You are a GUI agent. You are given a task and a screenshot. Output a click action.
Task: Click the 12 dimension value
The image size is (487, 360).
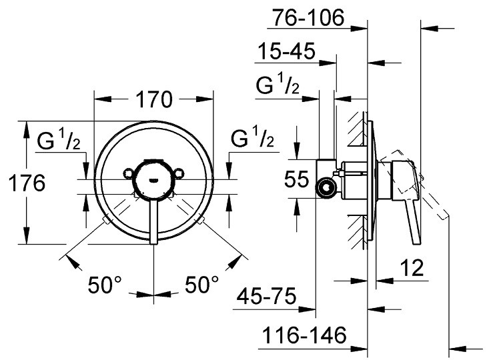(413, 269)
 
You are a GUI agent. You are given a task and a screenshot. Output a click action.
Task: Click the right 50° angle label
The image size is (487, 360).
(201, 286)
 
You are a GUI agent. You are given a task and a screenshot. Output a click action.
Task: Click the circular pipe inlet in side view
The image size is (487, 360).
(326, 189)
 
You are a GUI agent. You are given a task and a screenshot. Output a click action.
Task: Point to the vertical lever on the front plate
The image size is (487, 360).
(154, 220)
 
